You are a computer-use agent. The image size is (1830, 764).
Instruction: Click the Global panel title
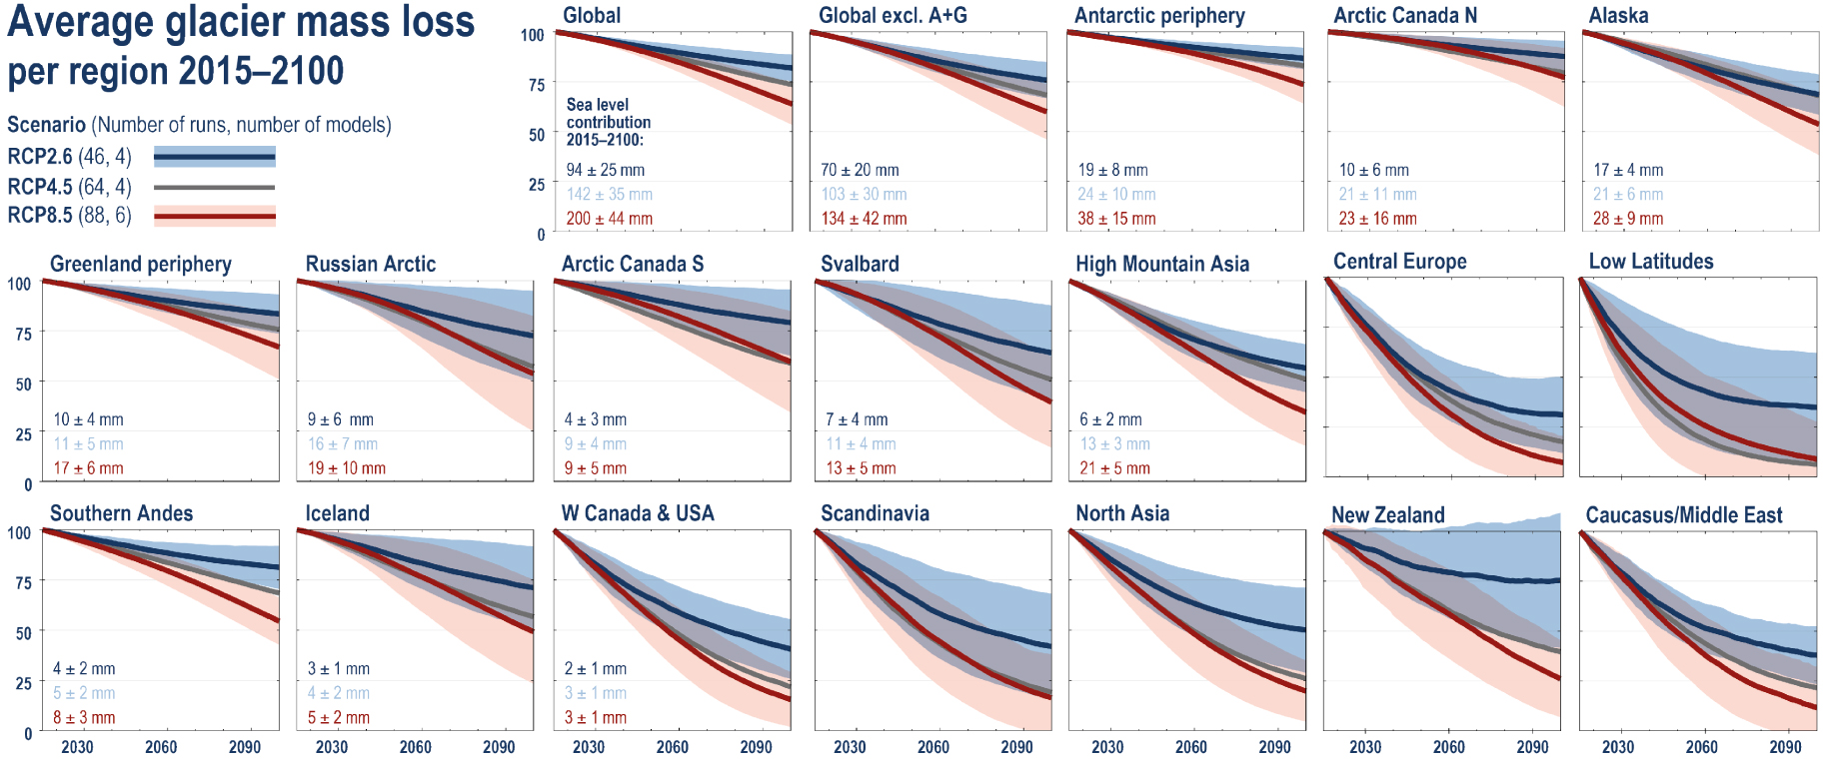[591, 16]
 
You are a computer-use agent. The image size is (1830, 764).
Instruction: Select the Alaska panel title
[1618, 16]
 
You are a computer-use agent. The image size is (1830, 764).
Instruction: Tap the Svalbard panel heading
[860, 265]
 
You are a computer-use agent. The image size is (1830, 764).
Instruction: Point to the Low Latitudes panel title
[1650, 262]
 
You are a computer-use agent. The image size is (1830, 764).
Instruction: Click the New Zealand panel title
[1387, 515]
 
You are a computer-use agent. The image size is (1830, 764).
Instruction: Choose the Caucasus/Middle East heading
[1683, 515]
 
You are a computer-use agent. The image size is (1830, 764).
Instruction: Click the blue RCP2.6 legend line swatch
[215, 157]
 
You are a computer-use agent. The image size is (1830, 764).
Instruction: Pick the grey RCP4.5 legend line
[215, 187]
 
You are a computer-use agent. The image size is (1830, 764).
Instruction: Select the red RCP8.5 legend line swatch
[215, 216]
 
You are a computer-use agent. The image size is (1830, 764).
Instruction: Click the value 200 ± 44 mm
[609, 219]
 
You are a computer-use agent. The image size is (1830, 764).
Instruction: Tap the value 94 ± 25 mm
[605, 171]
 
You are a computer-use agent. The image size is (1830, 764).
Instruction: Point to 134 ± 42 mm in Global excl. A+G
[864, 219]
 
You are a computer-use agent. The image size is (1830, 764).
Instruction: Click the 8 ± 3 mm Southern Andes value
[84, 718]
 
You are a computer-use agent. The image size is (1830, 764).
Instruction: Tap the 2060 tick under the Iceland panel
[415, 747]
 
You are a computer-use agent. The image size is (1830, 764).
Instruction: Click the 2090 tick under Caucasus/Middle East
[1785, 747]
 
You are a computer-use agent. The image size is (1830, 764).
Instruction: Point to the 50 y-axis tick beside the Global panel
[536, 135]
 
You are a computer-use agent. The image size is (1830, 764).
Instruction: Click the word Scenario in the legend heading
[46, 125]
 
